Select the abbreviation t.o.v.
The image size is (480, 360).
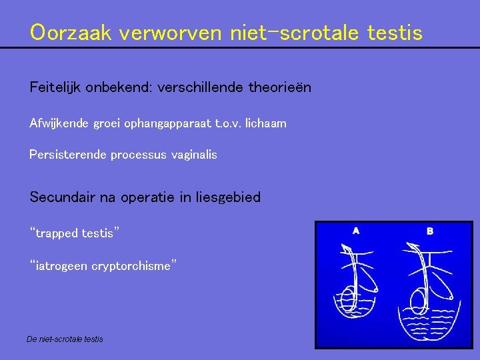(x=227, y=123)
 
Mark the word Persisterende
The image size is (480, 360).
(x=68, y=155)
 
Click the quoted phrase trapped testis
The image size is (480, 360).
(x=75, y=233)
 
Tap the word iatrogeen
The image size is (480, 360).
(x=59, y=266)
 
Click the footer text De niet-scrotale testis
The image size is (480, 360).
(x=65, y=339)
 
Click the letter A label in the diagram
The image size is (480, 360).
(x=356, y=231)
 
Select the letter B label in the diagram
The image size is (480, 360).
(x=430, y=231)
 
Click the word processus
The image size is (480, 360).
(x=137, y=155)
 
